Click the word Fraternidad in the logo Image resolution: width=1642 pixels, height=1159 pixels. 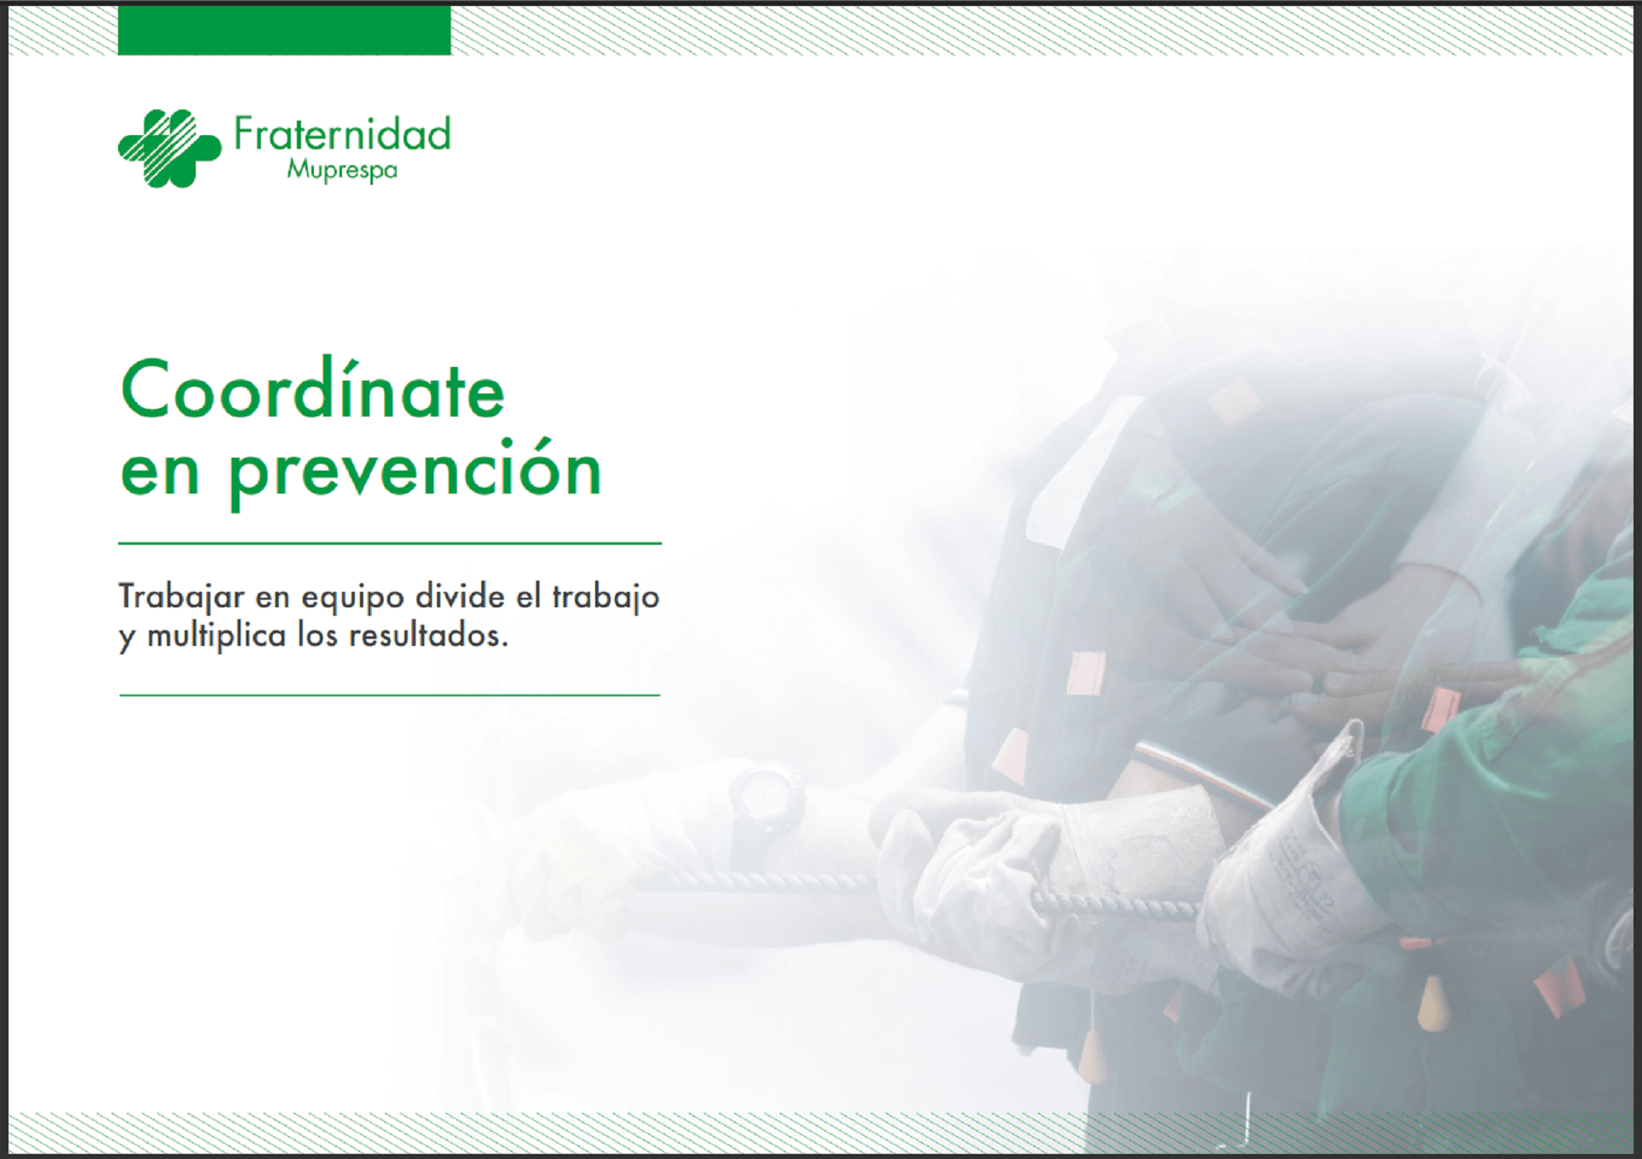[342, 134]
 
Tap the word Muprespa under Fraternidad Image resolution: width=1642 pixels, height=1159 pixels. [342, 170]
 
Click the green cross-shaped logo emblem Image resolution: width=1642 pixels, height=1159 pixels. [169, 148]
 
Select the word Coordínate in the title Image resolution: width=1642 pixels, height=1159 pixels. [313, 389]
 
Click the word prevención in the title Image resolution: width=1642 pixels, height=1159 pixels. [416, 471]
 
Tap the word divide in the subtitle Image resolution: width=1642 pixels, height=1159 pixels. [460, 596]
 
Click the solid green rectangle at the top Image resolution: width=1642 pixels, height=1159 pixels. [284, 30]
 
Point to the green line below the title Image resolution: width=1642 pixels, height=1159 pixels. [390, 543]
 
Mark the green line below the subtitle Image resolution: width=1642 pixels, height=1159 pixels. [390, 695]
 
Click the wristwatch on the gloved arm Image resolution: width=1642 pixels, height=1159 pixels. [766, 799]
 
